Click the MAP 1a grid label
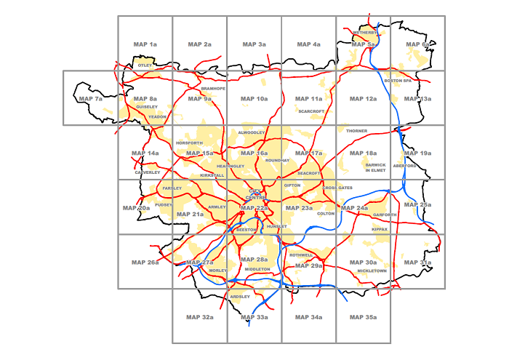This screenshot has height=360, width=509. point(145,45)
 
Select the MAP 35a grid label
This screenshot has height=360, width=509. point(361,318)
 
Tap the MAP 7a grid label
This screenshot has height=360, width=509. point(91,99)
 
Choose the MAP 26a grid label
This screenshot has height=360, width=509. point(145,263)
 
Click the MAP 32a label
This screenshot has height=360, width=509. point(199,318)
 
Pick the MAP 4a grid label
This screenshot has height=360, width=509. point(308,45)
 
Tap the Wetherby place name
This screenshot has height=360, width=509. point(365,33)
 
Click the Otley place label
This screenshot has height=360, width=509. point(145,65)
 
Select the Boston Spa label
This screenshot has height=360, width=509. point(398,81)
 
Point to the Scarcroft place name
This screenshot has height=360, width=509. point(311,111)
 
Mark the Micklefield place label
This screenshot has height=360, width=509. point(372,271)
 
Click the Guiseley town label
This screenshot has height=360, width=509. point(146,107)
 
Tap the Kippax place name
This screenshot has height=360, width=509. point(380,229)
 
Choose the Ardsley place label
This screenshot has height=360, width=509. point(240,297)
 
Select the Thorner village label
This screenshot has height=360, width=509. point(357,131)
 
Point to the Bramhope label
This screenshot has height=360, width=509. point(213,89)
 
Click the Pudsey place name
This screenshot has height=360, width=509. point(163,205)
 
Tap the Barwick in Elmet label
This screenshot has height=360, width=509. point(375,168)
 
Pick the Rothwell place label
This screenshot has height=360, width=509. point(300,255)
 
